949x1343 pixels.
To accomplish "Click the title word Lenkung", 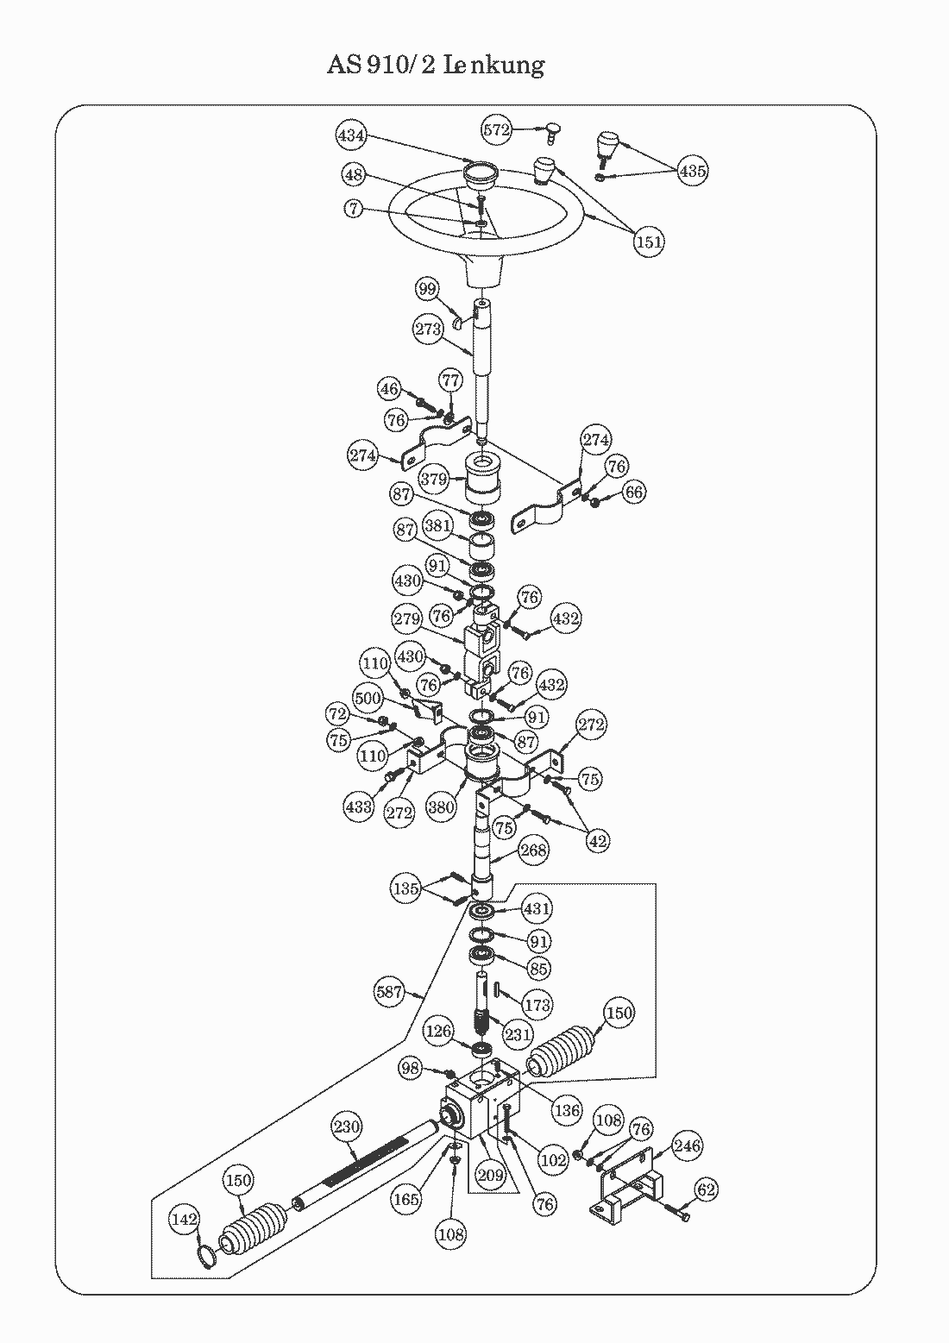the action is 494,66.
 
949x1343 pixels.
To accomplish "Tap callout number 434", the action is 351,135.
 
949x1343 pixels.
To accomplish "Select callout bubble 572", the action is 496,129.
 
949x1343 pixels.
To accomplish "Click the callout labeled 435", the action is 693,171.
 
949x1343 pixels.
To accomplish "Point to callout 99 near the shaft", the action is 427,289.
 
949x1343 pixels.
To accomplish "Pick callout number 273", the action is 428,329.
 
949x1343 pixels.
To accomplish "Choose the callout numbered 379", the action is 433,479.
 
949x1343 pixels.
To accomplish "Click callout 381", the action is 437,525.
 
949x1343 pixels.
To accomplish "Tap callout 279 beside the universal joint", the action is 407,618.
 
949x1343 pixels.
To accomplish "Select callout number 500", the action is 368,697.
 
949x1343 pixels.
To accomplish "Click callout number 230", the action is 347,1126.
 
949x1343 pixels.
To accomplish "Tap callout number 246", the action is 687,1145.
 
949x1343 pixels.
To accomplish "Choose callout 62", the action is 707,1189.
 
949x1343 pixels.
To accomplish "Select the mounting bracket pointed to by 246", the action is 627,1185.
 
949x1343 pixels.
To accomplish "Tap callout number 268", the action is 533,850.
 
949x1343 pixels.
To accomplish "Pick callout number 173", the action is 537,1004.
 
